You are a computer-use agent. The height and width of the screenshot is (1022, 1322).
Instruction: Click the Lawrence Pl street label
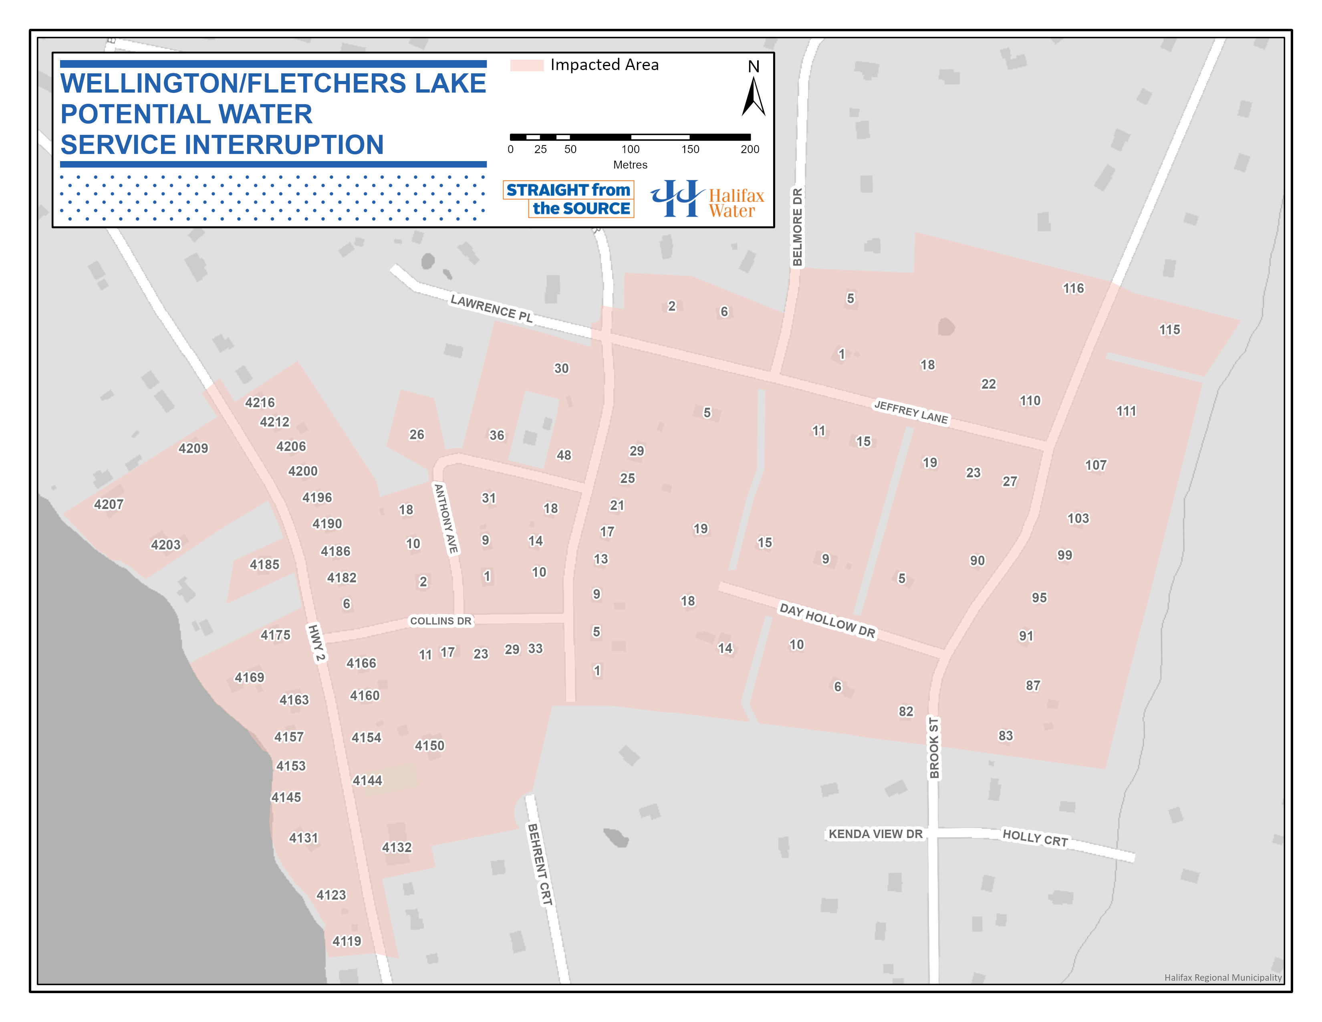pos(492,309)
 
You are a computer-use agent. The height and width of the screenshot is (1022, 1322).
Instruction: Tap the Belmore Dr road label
pos(797,227)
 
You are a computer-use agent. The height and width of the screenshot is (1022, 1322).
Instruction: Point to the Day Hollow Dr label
pos(827,620)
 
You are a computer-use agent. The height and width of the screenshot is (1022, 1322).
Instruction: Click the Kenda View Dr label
pos(875,834)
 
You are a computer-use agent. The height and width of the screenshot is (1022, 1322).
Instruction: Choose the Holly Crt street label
pos(1035,838)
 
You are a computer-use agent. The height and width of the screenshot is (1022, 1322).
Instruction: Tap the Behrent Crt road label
pos(540,864)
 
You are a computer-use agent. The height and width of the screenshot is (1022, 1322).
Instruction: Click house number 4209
pos(193,448)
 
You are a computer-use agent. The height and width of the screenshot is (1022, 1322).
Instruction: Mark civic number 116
pos(1073,288)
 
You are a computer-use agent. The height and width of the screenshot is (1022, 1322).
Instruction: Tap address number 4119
pos(346,941)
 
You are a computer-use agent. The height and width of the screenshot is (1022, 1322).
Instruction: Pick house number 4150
pos(429,745)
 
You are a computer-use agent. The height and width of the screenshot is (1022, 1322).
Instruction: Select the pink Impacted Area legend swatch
pos(527,65)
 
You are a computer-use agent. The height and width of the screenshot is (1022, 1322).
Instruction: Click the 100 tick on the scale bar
pos(630,149)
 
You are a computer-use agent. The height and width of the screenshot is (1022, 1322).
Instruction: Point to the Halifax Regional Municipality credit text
pos(1223,977)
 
